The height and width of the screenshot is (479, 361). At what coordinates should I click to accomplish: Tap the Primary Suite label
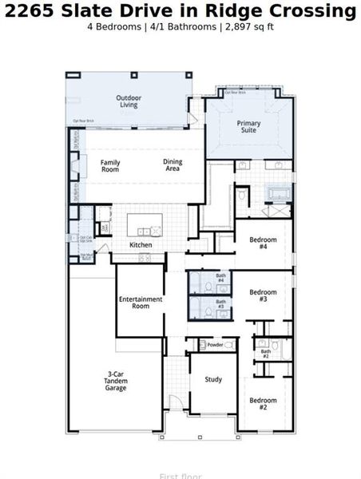tap(248, 127)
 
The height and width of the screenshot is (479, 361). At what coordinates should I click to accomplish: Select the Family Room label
tap(110, 166)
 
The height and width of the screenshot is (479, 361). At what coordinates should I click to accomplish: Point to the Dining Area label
tap(173, 165)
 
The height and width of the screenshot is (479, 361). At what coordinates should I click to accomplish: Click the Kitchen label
tap(141, 244)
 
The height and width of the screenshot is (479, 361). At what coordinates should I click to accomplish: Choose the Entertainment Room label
tap(141, 303)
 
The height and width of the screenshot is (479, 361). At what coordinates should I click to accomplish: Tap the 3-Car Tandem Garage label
tap(117, 381)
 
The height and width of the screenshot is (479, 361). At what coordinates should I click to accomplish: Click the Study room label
tap(213, 379)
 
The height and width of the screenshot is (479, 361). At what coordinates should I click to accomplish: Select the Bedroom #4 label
tap(263, 243)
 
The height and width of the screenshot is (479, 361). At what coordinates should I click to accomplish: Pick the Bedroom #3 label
tap(263, 295)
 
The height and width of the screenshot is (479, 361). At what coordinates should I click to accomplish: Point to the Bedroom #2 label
tap(263, 403)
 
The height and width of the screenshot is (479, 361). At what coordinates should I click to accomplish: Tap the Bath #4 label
tap(220, 278)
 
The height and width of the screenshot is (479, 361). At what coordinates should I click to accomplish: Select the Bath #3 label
tap(220, 304)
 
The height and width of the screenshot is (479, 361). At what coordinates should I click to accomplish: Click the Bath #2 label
tap(266, 352)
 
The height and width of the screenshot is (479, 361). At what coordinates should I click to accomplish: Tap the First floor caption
tap(180, 476)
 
